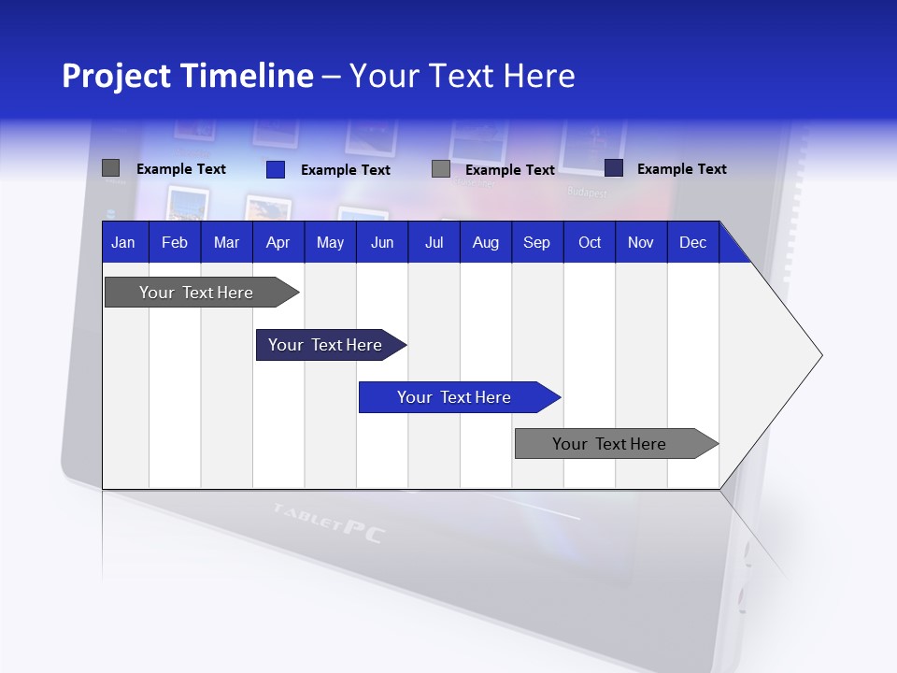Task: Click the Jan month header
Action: (124, 242)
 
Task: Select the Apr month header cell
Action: (278, 242)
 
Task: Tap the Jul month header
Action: (434, 242)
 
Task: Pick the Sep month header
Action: (537, 242)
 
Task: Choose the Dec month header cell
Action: (692, 242)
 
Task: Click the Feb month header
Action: (175, 242)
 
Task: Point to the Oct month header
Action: (590, 242)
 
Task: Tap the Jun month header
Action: (382, 242)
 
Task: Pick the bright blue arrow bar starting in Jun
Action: (455, 397)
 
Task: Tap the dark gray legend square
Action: (110, 168)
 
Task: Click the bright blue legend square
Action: (276, 169)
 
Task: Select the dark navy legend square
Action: (614, 167)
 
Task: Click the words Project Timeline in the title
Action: (187, 76)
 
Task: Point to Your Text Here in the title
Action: (463, 76)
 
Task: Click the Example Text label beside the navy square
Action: (681, 169)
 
